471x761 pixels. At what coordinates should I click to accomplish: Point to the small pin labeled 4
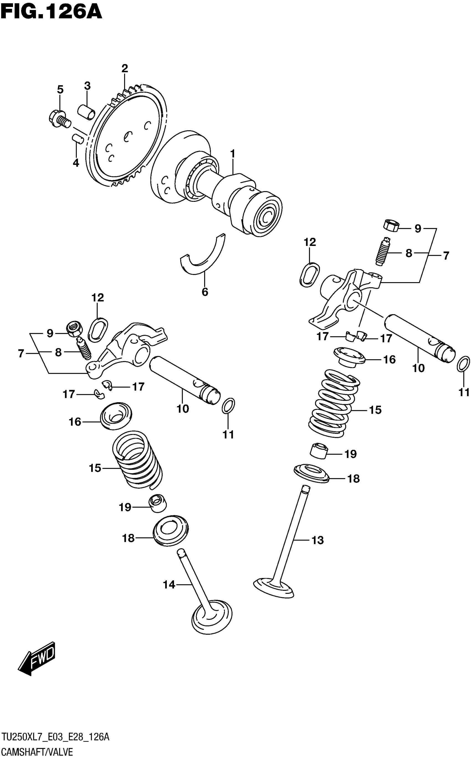[78, 139]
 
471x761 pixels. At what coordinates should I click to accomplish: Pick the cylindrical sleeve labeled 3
[87, 111]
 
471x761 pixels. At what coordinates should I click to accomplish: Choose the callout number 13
[318, 540]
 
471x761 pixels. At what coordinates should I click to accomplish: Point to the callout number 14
[169, 585]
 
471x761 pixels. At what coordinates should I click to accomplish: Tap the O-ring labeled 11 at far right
[463, 364]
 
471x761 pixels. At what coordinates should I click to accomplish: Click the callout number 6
[205, 292]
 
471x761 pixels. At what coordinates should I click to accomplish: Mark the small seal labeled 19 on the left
[157, 503]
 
